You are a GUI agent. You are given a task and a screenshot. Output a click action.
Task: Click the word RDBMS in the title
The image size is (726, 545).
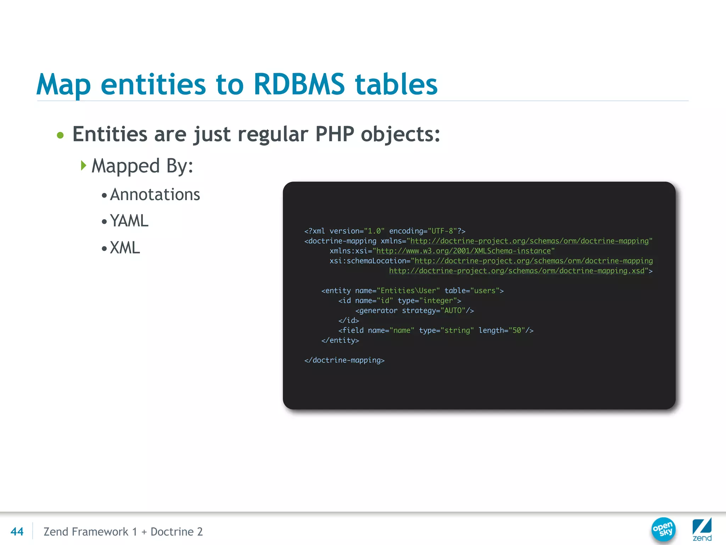(299, 84)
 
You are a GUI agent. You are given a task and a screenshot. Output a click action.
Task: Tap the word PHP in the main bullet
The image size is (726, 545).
(335, 134)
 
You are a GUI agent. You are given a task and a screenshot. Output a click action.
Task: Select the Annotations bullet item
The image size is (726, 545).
(155, 194)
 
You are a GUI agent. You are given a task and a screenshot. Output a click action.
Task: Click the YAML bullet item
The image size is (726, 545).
(129, 221)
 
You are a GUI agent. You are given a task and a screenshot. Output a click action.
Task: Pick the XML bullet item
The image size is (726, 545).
(125, 248)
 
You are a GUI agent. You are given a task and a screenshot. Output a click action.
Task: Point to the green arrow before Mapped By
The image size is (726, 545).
(83, 165)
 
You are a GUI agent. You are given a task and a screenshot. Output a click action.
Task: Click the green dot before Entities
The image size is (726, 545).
(60, 135)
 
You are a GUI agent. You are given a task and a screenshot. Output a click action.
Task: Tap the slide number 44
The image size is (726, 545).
(17, 532)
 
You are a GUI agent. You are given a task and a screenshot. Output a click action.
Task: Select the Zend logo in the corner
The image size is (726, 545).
(702, 529)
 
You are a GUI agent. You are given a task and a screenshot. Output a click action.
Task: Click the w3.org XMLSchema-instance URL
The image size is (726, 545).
(463, 251)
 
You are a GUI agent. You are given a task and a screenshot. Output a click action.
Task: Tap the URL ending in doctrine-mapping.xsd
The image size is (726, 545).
(516, 271)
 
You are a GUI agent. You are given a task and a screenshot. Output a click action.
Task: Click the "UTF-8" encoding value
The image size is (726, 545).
(442, 231)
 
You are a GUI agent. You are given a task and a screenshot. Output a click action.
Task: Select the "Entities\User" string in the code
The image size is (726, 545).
(408, 291)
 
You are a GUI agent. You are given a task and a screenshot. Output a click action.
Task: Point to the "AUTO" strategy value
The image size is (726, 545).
(453, 310)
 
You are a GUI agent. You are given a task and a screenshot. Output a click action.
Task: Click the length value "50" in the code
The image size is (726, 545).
(517, 330)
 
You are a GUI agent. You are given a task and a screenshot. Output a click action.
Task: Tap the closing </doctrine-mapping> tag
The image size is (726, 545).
(344, 360)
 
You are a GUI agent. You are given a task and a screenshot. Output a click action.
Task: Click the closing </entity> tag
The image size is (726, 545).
(340, 340)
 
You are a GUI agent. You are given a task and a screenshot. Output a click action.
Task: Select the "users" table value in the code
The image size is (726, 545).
(485, 291)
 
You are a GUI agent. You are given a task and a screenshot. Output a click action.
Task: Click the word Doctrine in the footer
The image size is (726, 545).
(172, 532)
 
